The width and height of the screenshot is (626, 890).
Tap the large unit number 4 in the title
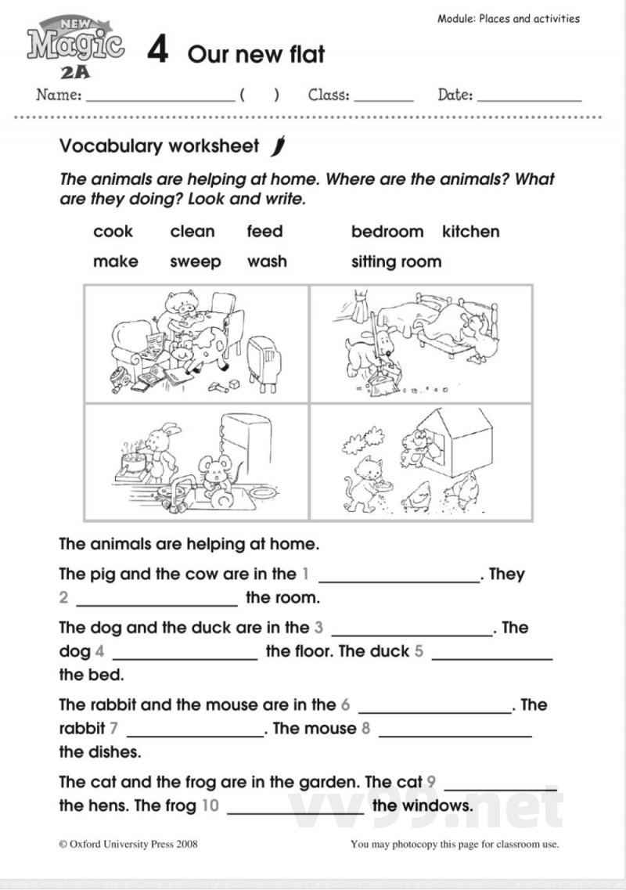click(158, 52)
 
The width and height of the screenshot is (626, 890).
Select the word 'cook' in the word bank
click(113, 232)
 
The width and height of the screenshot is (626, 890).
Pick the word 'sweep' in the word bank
click(196, 262)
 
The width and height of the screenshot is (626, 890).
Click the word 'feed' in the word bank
click(264, 232)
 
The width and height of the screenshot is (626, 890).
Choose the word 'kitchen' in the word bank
click(470, 232)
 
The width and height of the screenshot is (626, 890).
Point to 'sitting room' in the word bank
click(396, 262)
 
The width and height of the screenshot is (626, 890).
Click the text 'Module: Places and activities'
click(509, 18)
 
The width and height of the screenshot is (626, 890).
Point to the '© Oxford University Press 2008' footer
click(128, 844)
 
